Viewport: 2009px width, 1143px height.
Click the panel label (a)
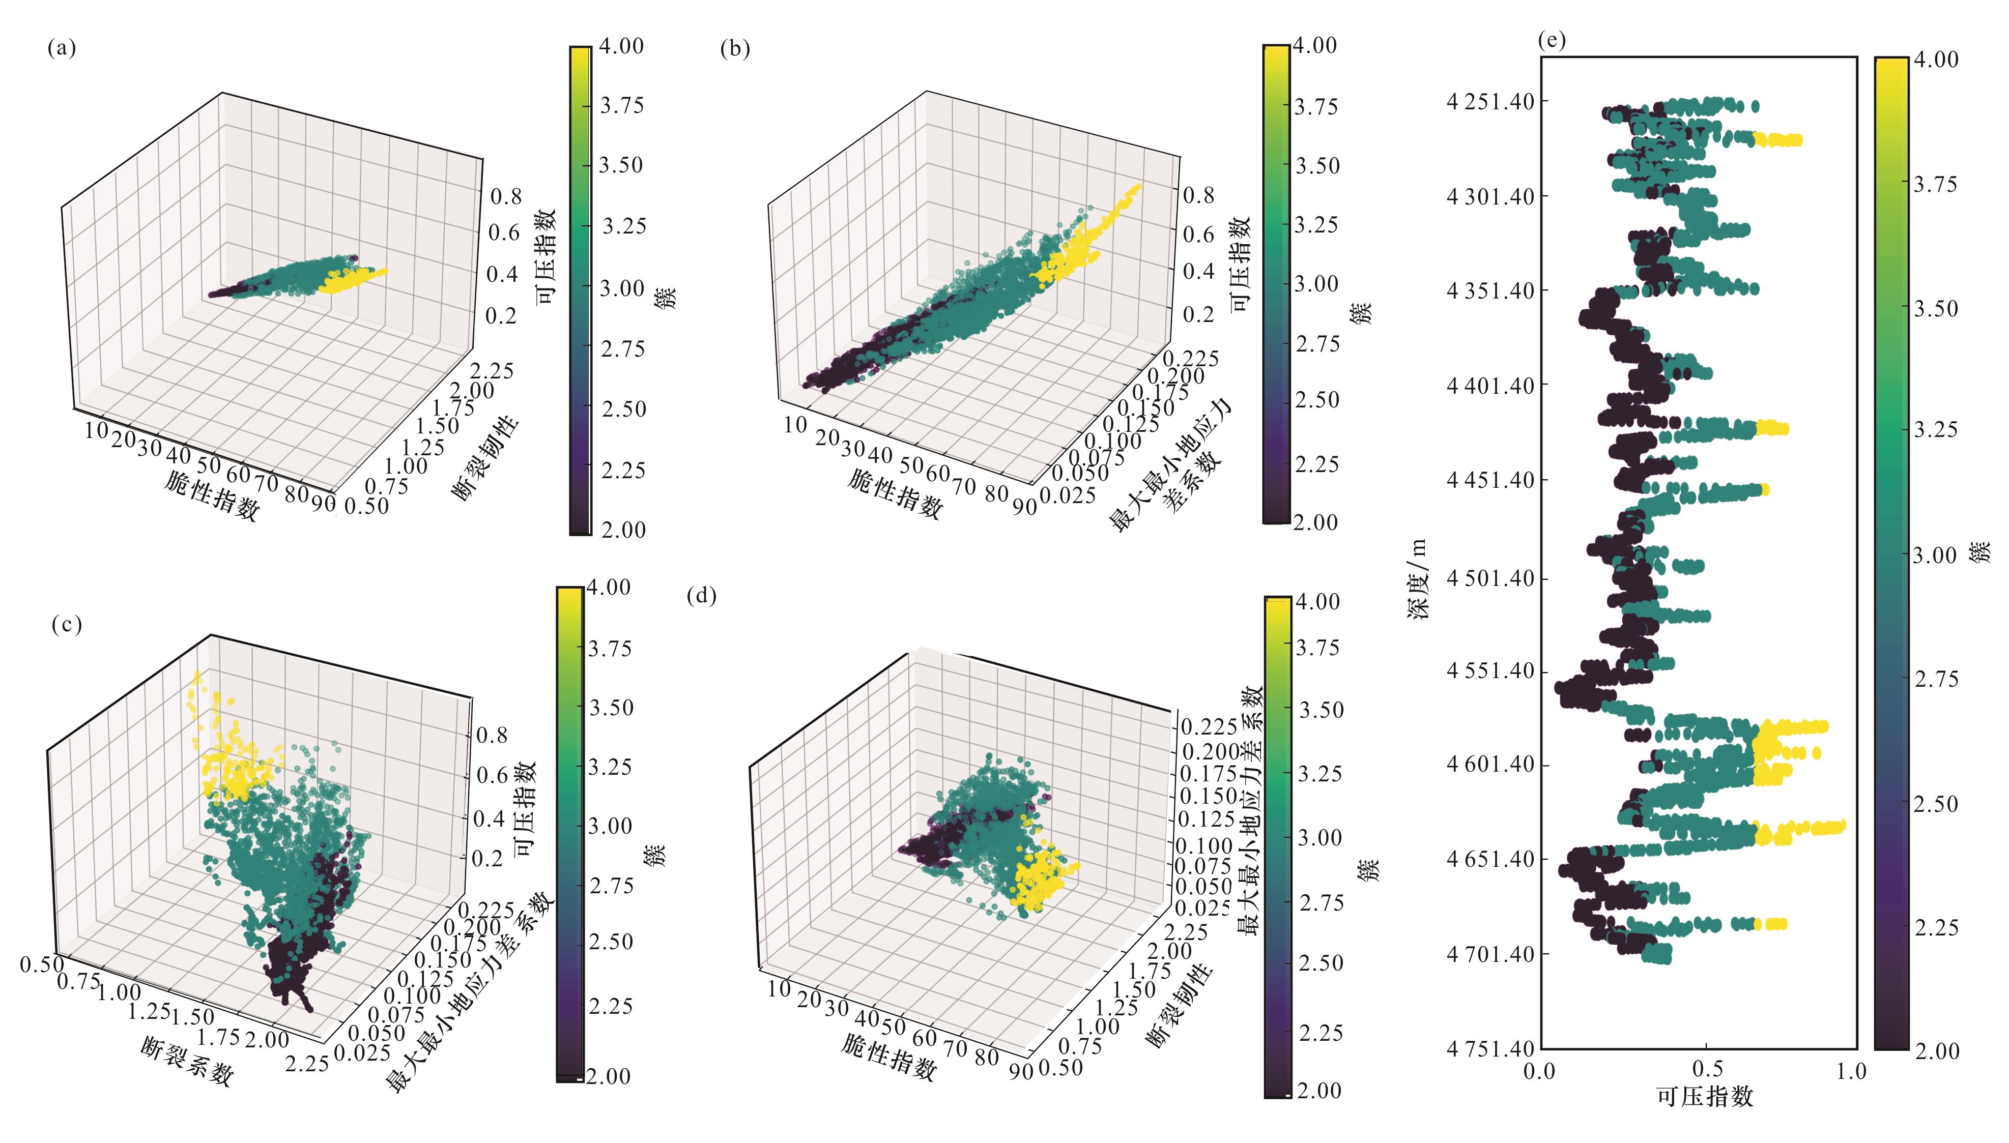click(x=61, y=49)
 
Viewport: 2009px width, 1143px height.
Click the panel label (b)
click(x=735, y=49)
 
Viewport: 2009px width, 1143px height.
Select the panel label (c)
click(x=67, y=624)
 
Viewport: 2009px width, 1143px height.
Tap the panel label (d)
click(x=702, y=596)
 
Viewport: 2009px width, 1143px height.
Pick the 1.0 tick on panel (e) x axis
click(x=1850, y=1070)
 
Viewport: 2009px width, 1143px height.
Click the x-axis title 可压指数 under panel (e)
click(x=1704, y=1097)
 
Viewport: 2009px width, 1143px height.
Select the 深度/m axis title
click(x=1418, y=579)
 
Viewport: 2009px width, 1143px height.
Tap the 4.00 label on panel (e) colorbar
click(x=1936, y=60)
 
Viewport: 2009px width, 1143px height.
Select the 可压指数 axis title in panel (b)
click(x=1240, y=264)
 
